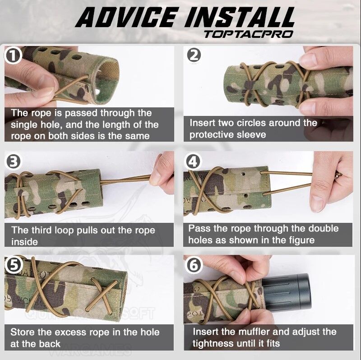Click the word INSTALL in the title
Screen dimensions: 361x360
(x=240, y=17)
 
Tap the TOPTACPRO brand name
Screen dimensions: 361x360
(x=249, y=34)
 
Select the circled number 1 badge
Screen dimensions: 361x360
(x=13, y=56)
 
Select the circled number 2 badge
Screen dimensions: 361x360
(x=194, y=55)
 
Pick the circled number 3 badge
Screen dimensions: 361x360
(x=13, y=162)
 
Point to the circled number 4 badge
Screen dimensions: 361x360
(x=193, y=162)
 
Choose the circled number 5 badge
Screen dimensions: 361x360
(x=14, y=265)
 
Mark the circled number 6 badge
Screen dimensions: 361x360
(x=194, y=265)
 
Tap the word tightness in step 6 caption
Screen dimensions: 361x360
(x=213, y=344)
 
